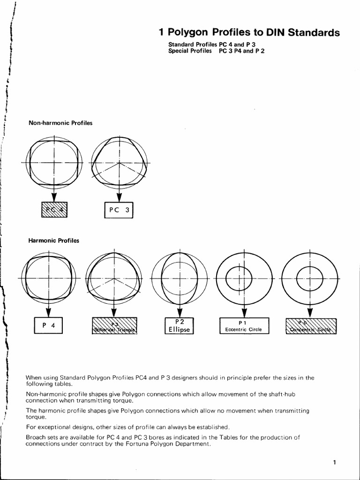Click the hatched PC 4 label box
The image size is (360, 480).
click(x=54, y=210)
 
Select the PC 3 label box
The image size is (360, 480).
click(x=119, y=210)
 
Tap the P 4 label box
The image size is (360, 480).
click(x=49, y=325)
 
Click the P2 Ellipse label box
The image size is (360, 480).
click(x=179, y=325)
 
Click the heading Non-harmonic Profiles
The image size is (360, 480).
click(x=60, y=123)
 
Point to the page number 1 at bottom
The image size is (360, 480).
click(x=335, y=463)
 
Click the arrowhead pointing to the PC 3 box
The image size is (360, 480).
click(x=119, y=196)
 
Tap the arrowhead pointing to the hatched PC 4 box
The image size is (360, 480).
click(x=54, y=196)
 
